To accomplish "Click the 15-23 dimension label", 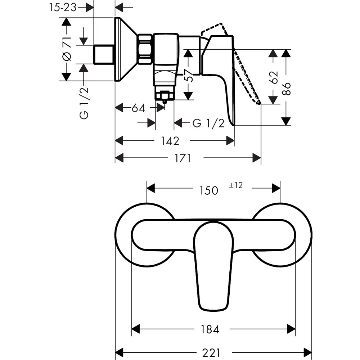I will click(63, 8).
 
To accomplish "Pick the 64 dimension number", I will click(138, 108).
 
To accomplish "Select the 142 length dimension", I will click(170, 141).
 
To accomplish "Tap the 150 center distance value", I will click(208, 190).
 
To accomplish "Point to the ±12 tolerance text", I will click(236, 185).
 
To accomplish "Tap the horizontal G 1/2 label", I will click(208, 123).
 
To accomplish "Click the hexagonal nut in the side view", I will click(145, 49).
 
